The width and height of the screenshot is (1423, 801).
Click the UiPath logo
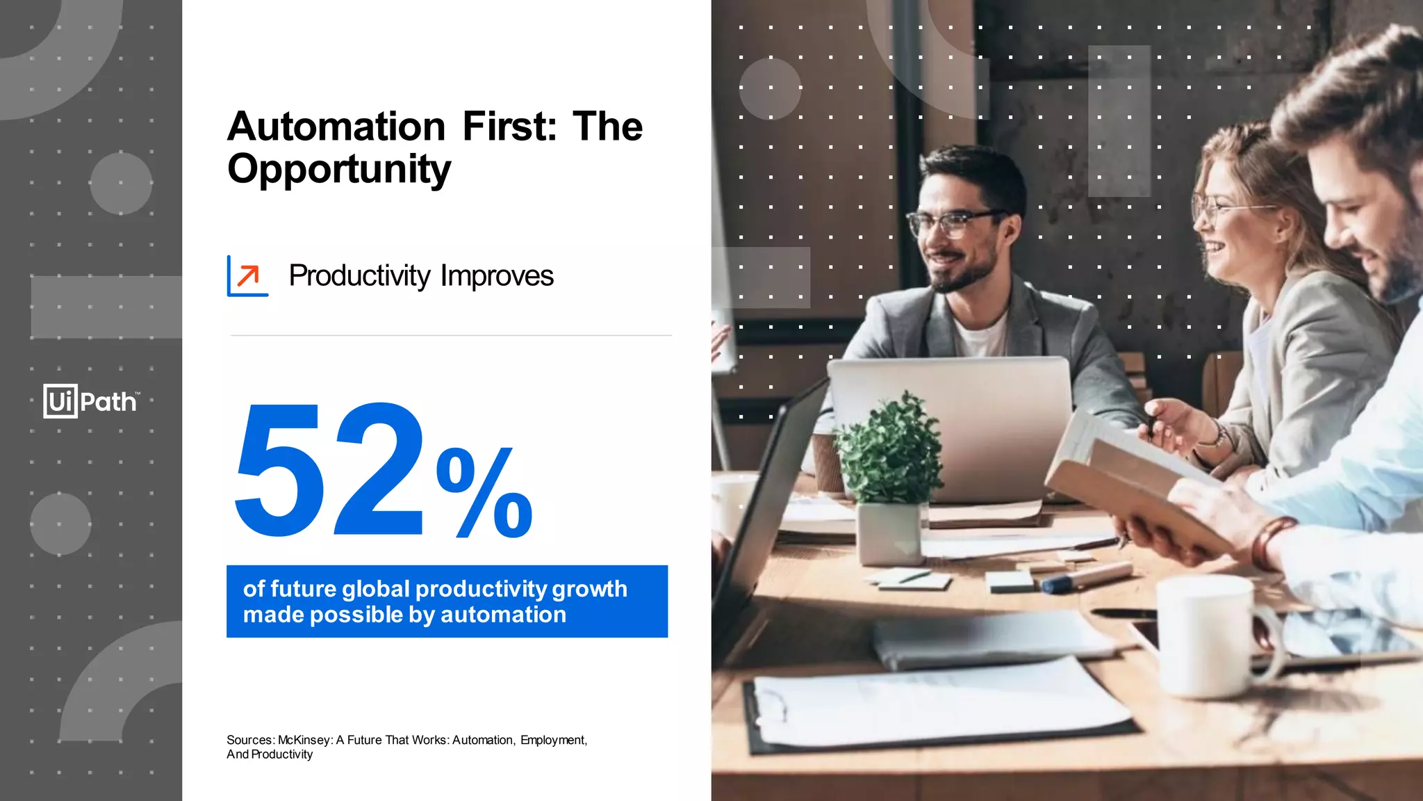[91, 401]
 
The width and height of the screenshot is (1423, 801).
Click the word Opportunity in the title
[339, 169]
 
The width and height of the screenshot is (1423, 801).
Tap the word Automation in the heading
[336, 127]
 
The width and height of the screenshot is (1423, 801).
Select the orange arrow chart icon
[247, 276]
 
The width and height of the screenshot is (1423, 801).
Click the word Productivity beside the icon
[359, 276]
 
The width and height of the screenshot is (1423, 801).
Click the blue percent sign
[484, 493]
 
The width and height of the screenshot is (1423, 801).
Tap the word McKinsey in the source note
[305, 740]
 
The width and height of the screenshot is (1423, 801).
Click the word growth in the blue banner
[590, 589]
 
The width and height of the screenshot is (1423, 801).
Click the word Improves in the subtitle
[497, 276]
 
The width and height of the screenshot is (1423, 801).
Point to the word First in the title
[509, 127]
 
